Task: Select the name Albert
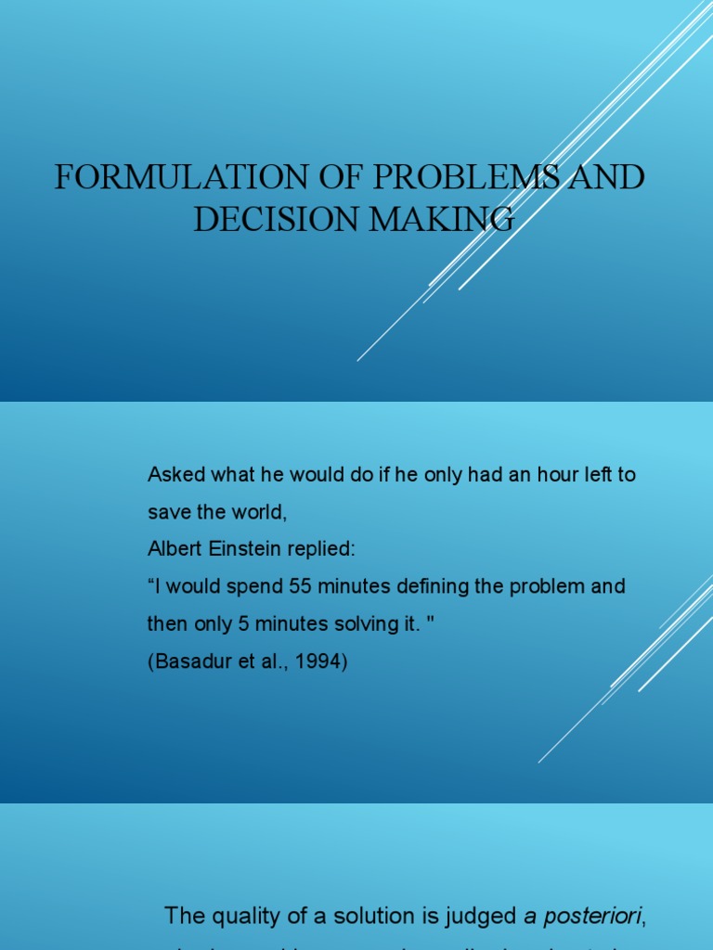pos(172,549)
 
